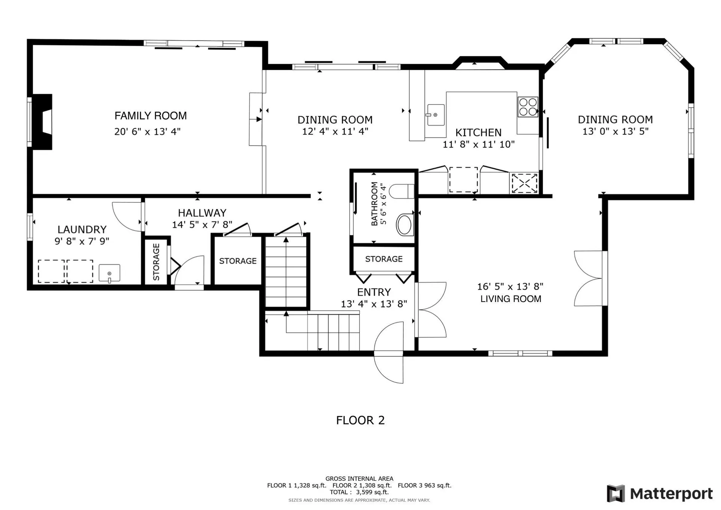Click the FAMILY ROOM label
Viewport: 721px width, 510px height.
click(x=151, y=116)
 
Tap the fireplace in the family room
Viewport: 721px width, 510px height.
click(x=42, y=122)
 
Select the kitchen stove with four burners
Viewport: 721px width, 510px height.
click(x=528, y=107)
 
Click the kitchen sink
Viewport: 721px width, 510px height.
click(x=435, y=115)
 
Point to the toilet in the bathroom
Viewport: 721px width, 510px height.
click(x=401, y=192)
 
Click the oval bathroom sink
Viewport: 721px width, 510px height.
click(x=404, y=225)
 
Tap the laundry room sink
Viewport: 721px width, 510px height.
click(x=109, y=273)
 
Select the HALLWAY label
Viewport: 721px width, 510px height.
click(x=202, y=213)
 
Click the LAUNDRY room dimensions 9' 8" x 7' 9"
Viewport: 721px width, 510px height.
click(x=82, y=241)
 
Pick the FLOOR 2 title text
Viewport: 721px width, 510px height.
click(x=360, y=420)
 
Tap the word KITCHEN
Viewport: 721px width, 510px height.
click(x=478, y=133)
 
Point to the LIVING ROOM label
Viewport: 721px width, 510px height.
click(x=511, y=299)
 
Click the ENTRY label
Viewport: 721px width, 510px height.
click(x=374, y=292)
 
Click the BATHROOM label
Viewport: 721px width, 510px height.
click(x=374, y=204)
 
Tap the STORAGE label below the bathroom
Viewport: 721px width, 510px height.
click(x=384, y=259)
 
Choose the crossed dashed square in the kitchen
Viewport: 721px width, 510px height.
click(x=524, y=183)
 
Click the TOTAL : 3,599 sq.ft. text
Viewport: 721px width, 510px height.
click(x=359, y=492)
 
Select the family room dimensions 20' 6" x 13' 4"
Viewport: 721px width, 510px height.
click(x=148, y=131)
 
